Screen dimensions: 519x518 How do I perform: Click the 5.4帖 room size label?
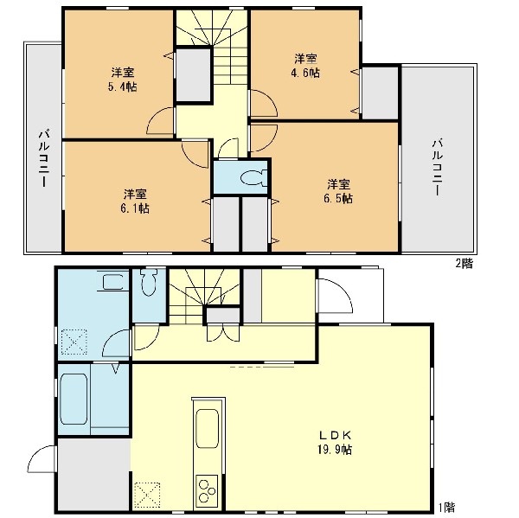point(123,87)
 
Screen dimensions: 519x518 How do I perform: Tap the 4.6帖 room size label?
point(305,73)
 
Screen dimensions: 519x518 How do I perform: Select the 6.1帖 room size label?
point(135,208)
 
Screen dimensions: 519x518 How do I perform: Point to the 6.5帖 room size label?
point(338,198)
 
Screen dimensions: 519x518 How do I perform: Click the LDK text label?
point(335,435)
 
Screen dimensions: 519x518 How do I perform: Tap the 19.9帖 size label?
point(335,450)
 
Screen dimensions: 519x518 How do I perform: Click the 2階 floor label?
point(465,263)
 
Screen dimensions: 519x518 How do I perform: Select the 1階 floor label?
point(446,507)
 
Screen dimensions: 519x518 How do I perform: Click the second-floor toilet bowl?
point(253,178)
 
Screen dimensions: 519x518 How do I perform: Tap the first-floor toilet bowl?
point(149,282)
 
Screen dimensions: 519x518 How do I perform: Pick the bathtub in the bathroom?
point(74,399)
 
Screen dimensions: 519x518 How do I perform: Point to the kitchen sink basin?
point(208,429)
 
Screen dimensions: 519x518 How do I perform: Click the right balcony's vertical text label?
point(437,168)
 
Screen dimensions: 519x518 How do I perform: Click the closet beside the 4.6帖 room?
point(380,93)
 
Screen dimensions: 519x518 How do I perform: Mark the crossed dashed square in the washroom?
point(74,342)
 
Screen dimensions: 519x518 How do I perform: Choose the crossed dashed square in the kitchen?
point(147,496)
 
